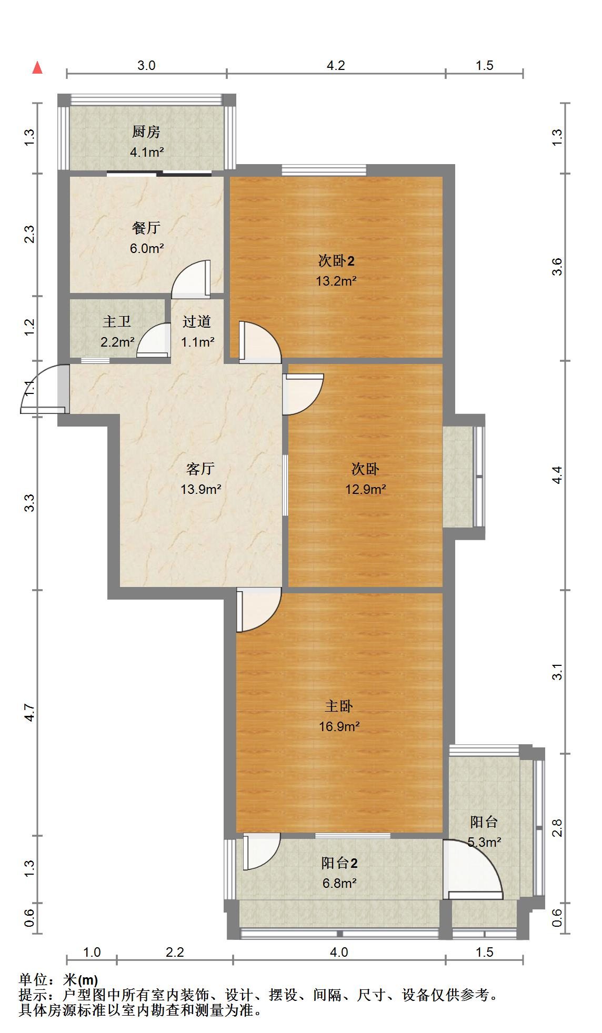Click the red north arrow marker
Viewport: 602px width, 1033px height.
[37, 68]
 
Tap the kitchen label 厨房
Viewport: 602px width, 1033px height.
[146, 131]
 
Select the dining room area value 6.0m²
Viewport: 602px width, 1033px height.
[147, 248]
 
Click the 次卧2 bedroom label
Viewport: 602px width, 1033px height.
[336, 260]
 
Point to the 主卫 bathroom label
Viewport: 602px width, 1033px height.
[117, 321]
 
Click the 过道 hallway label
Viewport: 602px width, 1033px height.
[197, 321]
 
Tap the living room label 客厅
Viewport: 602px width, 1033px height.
[200, 468]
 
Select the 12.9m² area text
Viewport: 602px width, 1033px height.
[366, 489]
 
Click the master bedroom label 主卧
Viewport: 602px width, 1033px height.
[339, 706]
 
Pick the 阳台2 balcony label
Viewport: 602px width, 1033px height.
[339, 863]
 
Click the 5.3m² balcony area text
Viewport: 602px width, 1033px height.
[484, 842]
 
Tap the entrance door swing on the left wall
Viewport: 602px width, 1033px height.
[42, 392]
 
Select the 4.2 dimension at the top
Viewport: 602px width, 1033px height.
[336, 65]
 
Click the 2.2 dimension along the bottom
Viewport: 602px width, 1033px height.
[175, 952]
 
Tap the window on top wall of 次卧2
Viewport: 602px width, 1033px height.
[324, 170]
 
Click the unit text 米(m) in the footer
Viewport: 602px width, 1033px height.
[81, 980]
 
